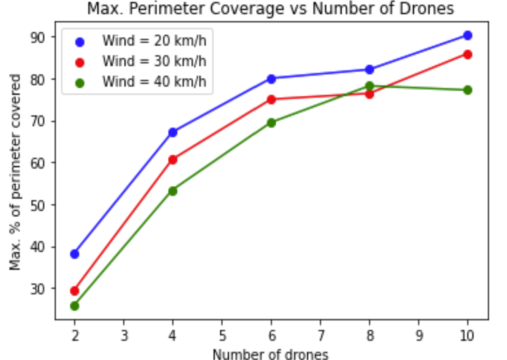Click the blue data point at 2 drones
coord(75,254)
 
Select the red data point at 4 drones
coord(173,160)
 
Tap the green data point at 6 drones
coord(271,123)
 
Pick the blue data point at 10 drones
coord(468,35)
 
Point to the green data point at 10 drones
coord(468,90)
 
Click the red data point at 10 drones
coord(468,54)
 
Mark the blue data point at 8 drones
coord(370,69)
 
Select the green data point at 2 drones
coord(75,306)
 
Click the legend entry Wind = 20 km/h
coord(154,41)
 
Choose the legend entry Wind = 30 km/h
coord(154,61)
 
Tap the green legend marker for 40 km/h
coord(80,82)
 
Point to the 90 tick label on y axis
coord(38,37)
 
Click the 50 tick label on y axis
coord(38,205)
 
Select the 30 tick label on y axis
coord(38,289)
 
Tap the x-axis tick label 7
coord(320,336)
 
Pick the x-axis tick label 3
coord(124,336)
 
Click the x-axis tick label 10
coord(467,336)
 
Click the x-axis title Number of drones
coord(271,354)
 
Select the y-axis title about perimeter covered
coord(15,172)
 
